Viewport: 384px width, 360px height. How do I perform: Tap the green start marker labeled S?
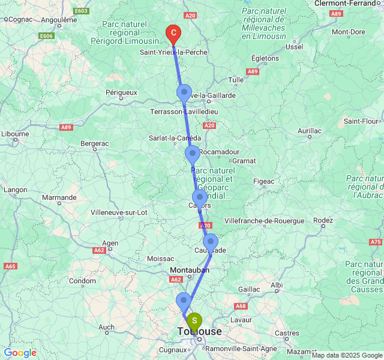pyautogui.click(x=194, y=321)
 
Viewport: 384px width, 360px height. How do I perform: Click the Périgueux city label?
pyautogui.click(x=122, y=92)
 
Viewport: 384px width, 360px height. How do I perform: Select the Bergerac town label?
pyautogui.click(x=94, y=143)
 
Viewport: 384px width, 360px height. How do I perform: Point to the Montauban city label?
pyautogui.click(x=189, y=270)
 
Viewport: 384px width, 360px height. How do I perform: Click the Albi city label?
pyautogui.click(x=277, y=284)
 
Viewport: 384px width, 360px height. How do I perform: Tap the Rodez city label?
pyautogui.click(x=323, y=220)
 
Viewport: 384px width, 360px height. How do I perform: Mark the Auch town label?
pyautogui.click(x=106, y=327)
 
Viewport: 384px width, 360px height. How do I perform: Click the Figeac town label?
pyautogui.click(x=263, y=181)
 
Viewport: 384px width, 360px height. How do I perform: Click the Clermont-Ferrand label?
pyautogui.click(x=349, y=3)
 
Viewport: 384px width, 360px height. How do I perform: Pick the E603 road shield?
pyautogui.click(x=82, y=11)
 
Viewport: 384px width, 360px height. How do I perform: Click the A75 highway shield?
pyautogui.click(x=376, y=242)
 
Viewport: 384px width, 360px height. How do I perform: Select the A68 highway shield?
pyautogui.click(x=241, y=306)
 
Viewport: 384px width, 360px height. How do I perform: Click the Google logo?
pyautogui.click(x=20, y=353)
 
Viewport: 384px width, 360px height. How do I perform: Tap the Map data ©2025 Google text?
pyautogui.click(x=346, y=355)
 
